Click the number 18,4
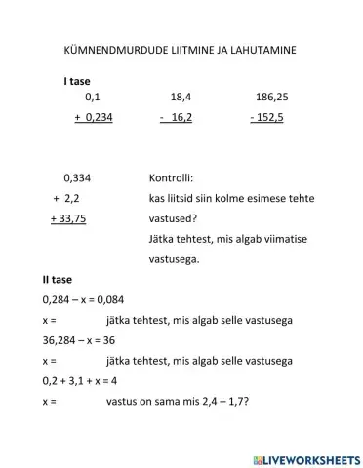click(181, 97)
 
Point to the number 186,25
click(271, 97)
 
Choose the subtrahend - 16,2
click(177, 117)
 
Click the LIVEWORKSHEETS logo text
click(307, 456)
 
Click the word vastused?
click(176, 219)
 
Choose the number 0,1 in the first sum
click(93, 97)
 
